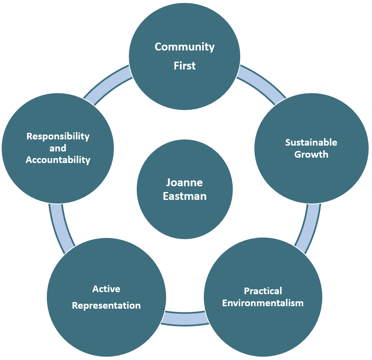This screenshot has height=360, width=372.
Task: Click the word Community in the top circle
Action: tap(185, 47)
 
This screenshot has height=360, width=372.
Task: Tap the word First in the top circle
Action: tap(185, 65)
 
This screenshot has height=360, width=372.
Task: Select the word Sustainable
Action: tap(311, 142)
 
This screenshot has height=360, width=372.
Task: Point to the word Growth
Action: tap(311, 154)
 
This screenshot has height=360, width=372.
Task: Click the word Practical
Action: tap(263, 291)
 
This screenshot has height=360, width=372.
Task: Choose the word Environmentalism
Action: tap(263, 303)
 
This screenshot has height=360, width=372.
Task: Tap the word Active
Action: tap(106, 289)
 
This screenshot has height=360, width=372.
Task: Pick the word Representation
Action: tap(106, 305)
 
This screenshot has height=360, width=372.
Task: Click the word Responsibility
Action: tap(58, 136)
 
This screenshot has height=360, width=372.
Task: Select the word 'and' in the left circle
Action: tap(58, 148)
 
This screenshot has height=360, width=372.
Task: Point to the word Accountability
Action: tap(58, 160)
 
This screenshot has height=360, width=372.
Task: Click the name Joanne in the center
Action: tap(185, 182)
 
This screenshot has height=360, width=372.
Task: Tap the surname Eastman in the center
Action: tap(185, 196)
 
